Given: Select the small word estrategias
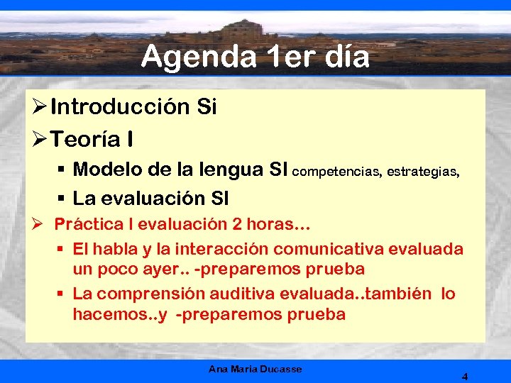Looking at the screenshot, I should click(423, 171).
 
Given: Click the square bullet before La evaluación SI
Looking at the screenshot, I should click(62, 199).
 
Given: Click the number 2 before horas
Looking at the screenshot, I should click(237, 225).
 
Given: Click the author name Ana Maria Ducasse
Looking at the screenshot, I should click(255, 370).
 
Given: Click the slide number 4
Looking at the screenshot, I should click(464, 377).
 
